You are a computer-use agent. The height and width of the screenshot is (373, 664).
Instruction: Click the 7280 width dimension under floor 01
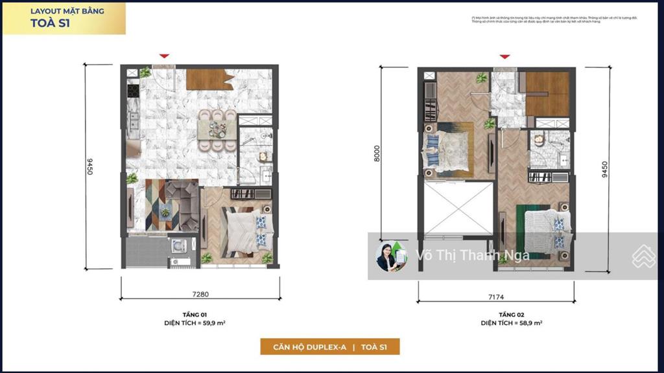[x=200, y=294]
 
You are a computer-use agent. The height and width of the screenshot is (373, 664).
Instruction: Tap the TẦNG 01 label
[x=200, y=313]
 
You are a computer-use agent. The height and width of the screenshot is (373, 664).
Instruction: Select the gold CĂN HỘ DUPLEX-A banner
[x=330, y=346]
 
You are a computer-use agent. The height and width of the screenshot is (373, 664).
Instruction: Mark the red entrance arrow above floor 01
[x=165, y=56]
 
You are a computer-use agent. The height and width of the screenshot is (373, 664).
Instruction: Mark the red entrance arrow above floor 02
[x=504, y=56]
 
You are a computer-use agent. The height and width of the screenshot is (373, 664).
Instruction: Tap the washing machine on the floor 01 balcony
[x=178, y=246]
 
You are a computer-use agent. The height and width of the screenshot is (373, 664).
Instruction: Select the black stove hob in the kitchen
[x=134, y=91]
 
